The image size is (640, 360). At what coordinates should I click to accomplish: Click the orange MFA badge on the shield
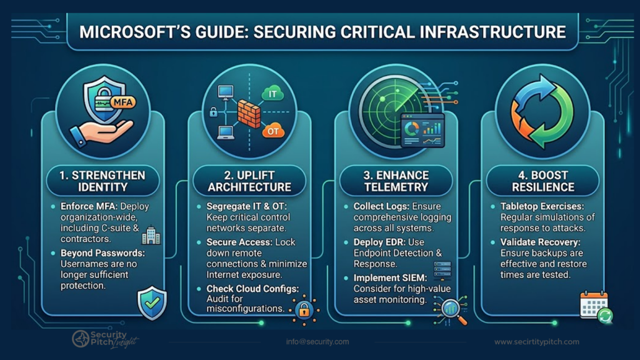pyautogui.click(x=122, y=102)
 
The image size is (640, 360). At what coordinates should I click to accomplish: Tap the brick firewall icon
pyautogui.click(x=249, y=114)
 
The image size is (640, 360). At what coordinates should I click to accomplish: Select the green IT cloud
pyautogui.click(x=272, y=94)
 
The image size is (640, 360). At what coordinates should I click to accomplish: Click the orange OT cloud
pyautogui.click(x=272, y=131)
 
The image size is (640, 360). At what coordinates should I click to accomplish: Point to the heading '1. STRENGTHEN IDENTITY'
pyautogui.click(x=102, y=181)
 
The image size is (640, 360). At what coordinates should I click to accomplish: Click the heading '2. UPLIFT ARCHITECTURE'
pyautogui.click(x=249, y=181)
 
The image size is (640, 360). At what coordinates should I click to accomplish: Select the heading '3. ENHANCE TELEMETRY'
pyautogui.click(x=396, y=181)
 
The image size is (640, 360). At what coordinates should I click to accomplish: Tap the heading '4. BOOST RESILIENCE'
pyautogui.click(x=543, y=181)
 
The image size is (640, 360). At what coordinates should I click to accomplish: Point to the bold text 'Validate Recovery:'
pyautogui.click(x=540, y=242)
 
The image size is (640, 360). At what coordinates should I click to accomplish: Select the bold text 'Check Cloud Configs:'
pyautogui.click(x=252, y=289)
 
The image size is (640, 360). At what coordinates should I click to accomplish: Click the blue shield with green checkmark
pyautogui.click(x=152, y=303)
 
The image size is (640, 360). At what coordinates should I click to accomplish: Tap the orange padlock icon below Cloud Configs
pyautogui.click(x=304, y=310)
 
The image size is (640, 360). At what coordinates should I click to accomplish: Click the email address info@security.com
pyautogui.click(x=317, y=342)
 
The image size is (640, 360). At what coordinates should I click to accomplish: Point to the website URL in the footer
pyautogui.click(x=537, y=342)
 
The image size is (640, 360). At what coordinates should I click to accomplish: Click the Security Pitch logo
pyautogui.click(x=105, y=339)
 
